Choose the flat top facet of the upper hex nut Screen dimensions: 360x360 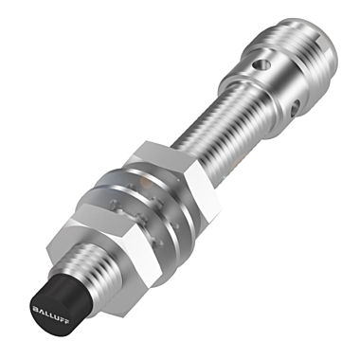coord(161,152)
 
